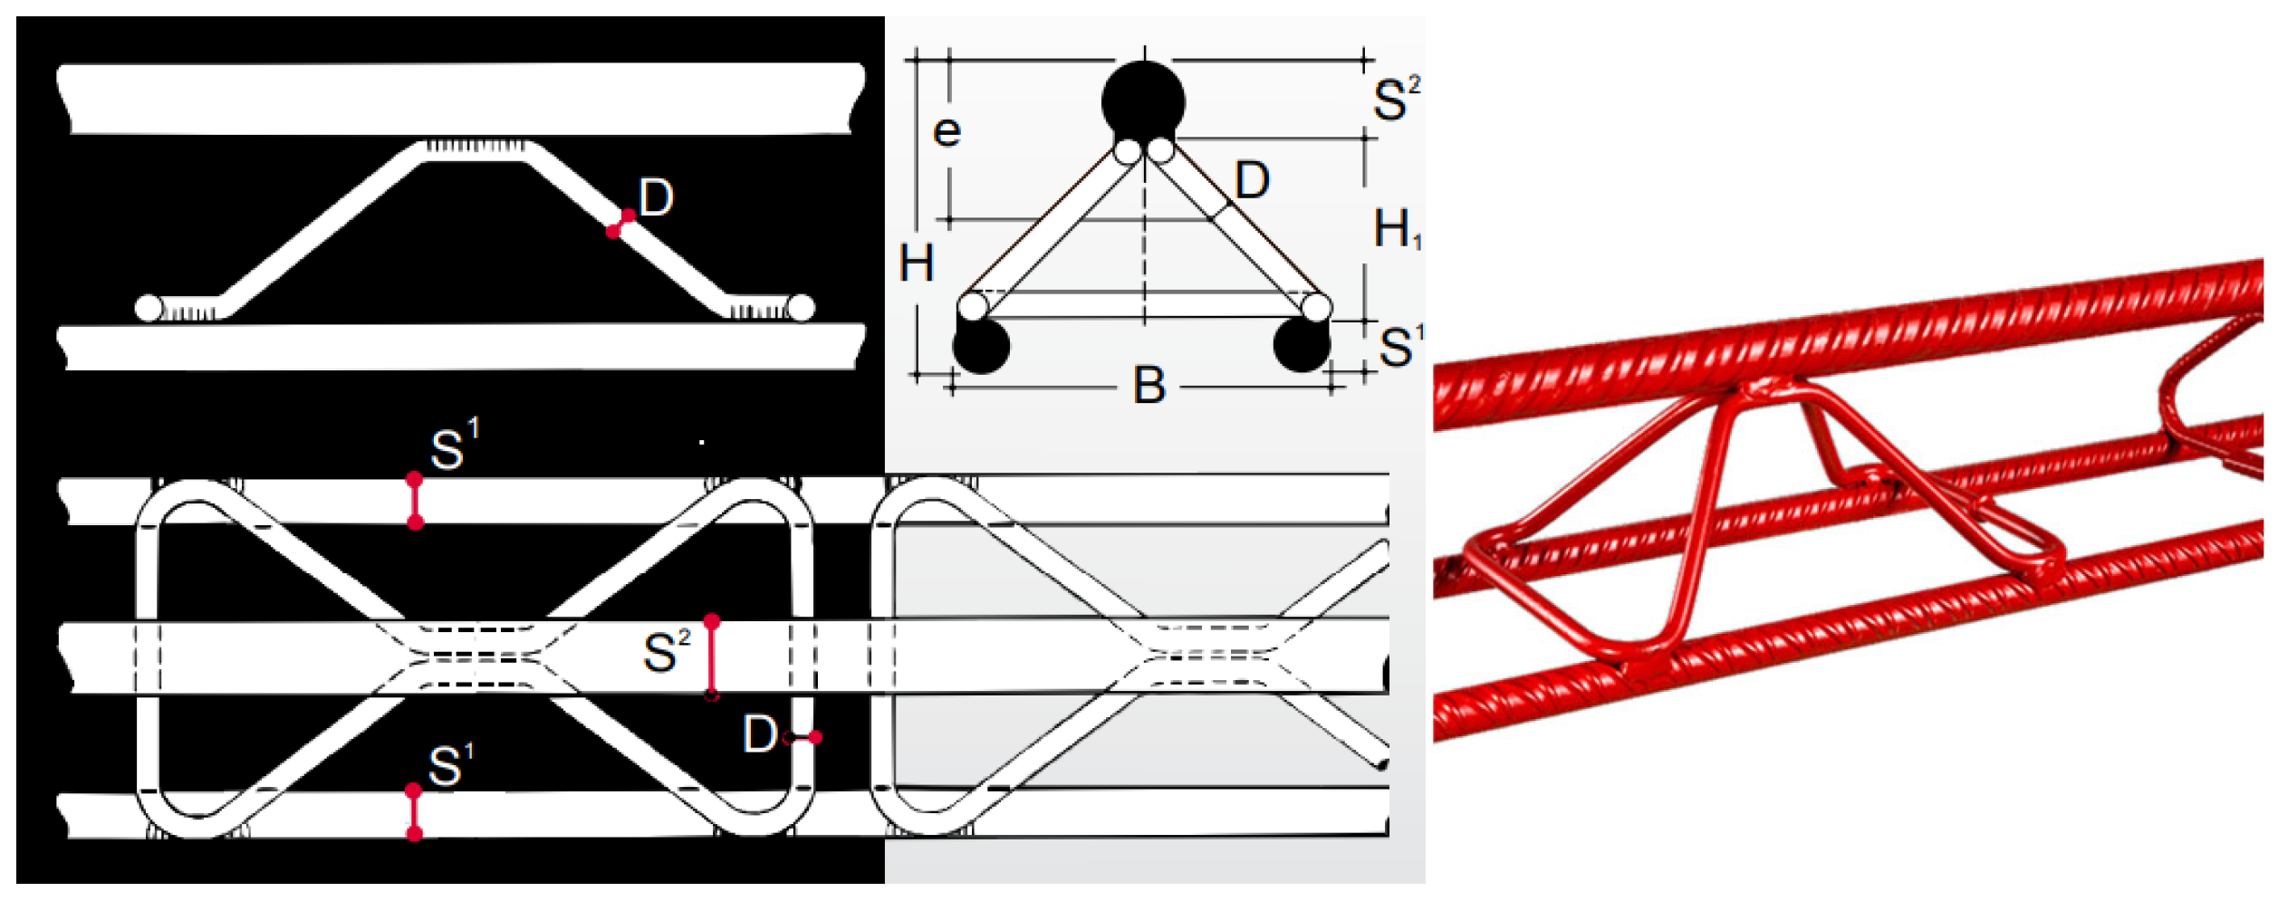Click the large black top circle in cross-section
coord(1143,101)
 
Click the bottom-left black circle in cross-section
coord(981,346)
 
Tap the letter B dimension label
coord(1149,386)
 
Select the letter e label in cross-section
coord(947,132)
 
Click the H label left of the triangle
coord(916,264)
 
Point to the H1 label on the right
coord(1396,228)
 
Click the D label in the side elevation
coord(656,197)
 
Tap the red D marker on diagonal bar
coord(620,224)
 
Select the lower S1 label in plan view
coord(450,766)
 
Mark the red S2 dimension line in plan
coord(712,658)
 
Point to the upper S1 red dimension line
coord(415,501)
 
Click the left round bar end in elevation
coord(149,308)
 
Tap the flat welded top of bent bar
coord(475,151)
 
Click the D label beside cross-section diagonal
coord(1252,180)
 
